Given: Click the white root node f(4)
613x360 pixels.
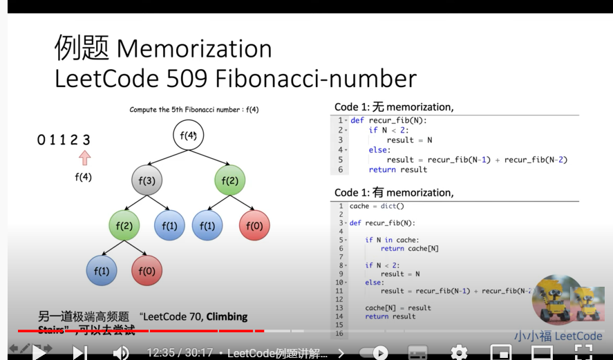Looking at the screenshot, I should click(x=189, y=135).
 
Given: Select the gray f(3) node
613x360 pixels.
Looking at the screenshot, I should click(x=147, y=181).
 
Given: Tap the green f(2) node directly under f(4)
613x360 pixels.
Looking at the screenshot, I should click(x=230, y=181).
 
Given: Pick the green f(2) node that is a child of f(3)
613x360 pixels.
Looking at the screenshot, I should click(x=124, y=226).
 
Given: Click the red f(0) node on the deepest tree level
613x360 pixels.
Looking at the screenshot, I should click(x=147, y=272).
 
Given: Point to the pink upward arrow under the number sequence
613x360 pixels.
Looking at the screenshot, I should click(x=85, y=158).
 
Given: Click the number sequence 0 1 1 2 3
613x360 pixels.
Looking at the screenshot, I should click(x=64, y=140).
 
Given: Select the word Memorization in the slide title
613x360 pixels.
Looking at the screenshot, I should click(x=194, y=49).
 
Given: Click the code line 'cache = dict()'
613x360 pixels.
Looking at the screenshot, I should click(x=377, y=206).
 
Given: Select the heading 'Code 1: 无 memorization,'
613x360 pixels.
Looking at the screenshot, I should click(x=394, y=107).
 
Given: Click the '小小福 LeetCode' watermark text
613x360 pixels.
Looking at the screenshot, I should click(x=558, y=337).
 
